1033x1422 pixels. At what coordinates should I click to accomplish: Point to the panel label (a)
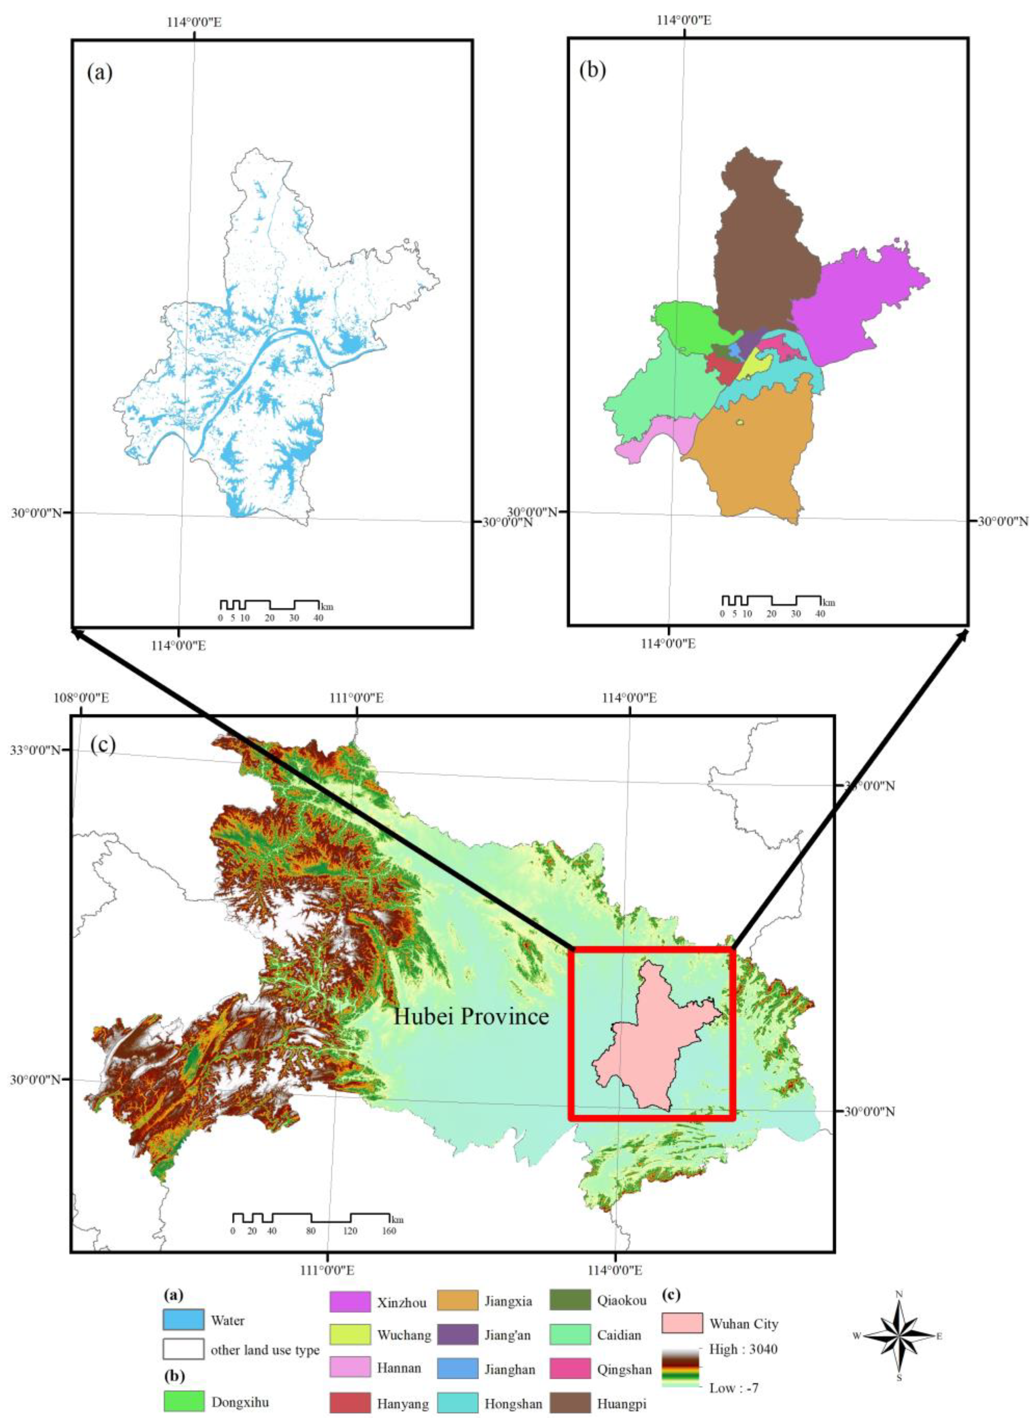pyautogui.click(x=100, y=73)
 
